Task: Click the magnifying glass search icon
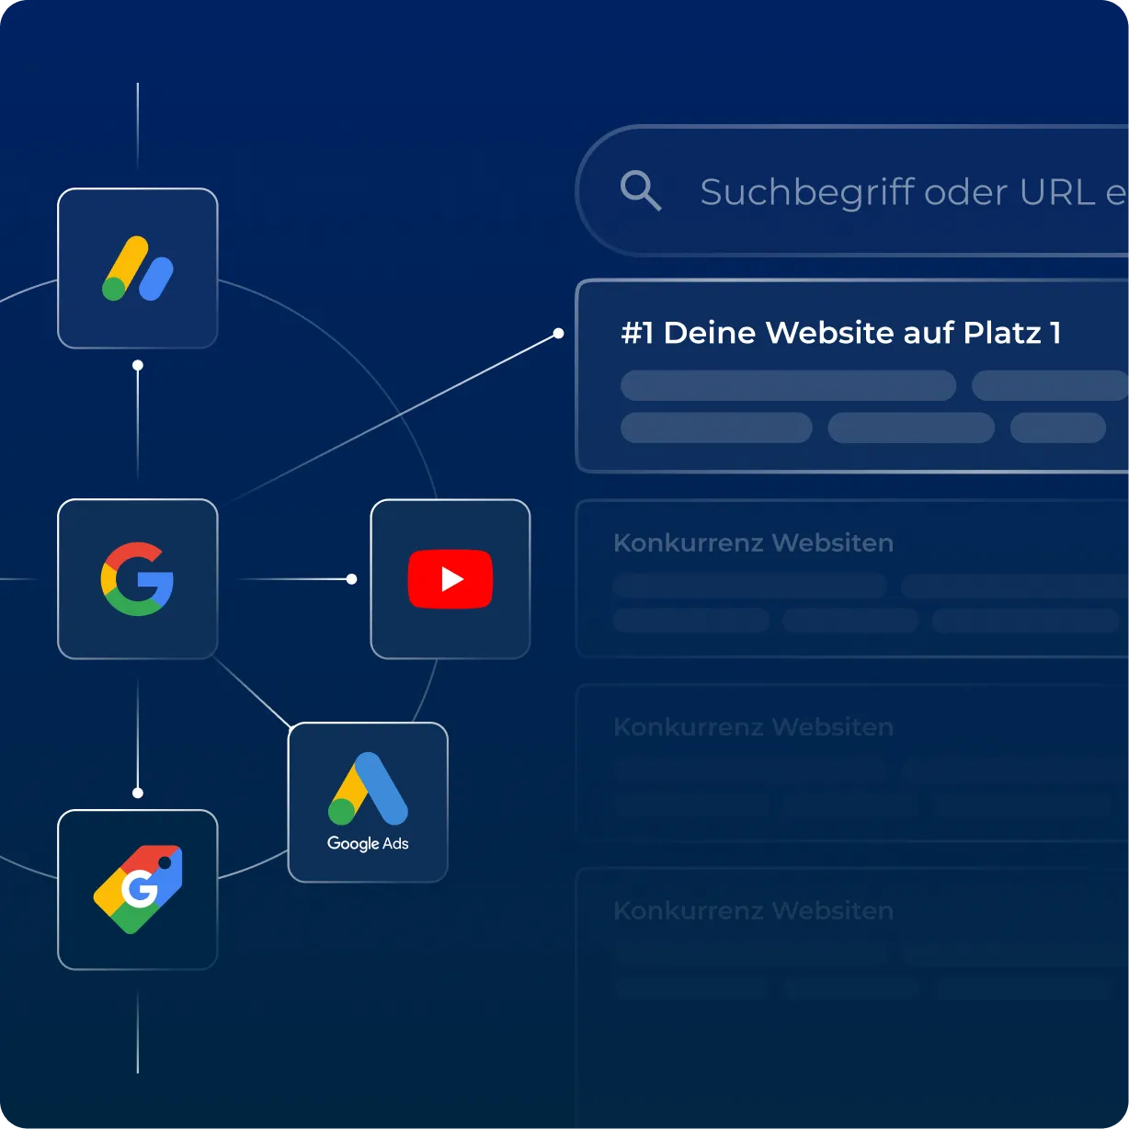click(x=640, y=190)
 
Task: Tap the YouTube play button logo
click(x=450, y=579)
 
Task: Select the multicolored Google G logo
click(x=138, y=579)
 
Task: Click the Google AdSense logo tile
click(x=138, y=268)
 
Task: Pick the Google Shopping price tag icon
click(x=138, y=889)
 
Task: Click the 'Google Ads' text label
click(x=368, y=843)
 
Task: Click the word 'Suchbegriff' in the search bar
click(x=807, y=193)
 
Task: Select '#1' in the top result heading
click(x=636, y=333)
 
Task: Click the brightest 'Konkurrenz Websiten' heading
click(x=753, y=543)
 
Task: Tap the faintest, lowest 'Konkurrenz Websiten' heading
click(x=753, y=911)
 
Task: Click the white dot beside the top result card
click(x=558, y=334)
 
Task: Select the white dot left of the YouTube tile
click(x=351, y=579)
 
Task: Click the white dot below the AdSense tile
click(x=138, y=366)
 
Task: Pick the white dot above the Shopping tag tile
click(x=138, y=793)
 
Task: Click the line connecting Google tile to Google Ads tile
click(x=252, y=691)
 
